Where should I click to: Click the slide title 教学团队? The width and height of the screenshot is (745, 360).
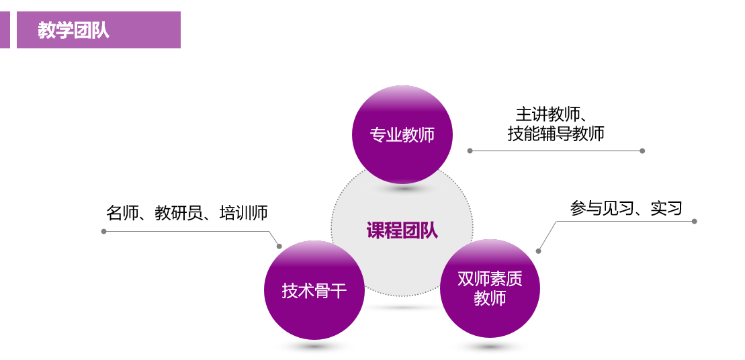(73, 30)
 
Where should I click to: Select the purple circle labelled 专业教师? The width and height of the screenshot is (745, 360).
(402, 134)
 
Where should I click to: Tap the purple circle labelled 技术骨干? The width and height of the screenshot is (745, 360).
(314, 290)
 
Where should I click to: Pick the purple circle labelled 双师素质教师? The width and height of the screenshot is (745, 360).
(490, 287)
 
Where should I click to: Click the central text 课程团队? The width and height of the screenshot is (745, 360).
(402, 230)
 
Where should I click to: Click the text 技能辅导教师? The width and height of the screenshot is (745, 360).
(556, 134)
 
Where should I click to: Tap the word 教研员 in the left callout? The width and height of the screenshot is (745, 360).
(179, 213)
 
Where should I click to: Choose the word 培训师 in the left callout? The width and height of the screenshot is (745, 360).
(243, 213)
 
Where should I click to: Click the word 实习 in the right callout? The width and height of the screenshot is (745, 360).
(666, 208)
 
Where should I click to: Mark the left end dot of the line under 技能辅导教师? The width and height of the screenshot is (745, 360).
(470, 150)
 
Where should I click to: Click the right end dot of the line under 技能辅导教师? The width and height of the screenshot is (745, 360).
(642, 150)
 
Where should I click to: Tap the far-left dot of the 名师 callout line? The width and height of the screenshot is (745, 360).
(103, 231)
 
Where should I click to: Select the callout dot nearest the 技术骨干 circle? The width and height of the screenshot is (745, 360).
(279, 246)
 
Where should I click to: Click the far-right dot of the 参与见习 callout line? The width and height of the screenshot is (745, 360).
(694, 221)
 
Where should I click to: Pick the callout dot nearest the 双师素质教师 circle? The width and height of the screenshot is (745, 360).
(538, 251)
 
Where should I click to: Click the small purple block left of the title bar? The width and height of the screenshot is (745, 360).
(5, 30)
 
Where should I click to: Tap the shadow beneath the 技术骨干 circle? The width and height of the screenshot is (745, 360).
(314, 347)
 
